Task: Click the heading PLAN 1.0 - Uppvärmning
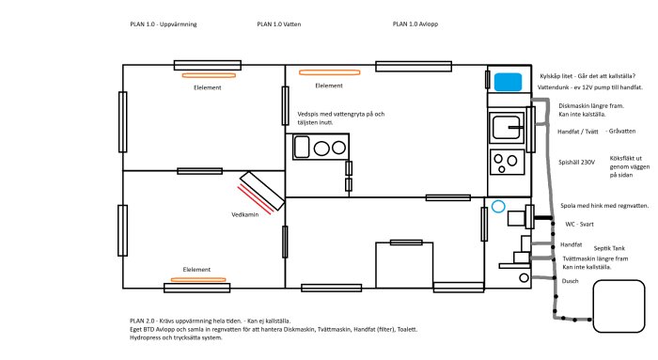point(164,24)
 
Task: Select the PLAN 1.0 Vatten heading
point(279,24)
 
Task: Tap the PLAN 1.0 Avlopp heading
point(415,24)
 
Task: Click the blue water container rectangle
point(508,82)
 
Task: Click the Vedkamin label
point(245,215)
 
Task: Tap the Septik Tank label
point(609,248)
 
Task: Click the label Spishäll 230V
point(576,162)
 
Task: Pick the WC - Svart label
point(580,225)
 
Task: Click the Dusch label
point(570,281)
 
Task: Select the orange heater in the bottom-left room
point(198,279)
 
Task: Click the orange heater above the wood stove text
point(329,72)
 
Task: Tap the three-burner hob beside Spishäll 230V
point(508,163)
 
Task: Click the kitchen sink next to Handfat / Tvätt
point(507,127)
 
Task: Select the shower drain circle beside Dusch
point(524,277)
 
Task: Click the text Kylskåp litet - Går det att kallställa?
point(587,76)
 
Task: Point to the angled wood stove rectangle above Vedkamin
point(262,191)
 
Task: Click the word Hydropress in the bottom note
point(145,337)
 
